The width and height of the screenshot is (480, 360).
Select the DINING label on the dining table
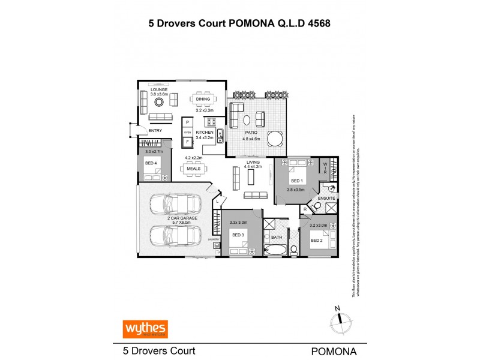[203, 99]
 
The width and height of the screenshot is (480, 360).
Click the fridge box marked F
[187, 142]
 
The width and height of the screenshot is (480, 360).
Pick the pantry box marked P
[187, 122]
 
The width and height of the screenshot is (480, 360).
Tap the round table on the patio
[275, 138]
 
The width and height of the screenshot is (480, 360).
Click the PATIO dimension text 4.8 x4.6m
[251, 139]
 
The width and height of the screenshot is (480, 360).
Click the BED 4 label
[151, 163]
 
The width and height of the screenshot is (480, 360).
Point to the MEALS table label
[193, 169]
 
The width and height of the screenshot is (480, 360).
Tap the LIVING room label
[252, 161]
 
